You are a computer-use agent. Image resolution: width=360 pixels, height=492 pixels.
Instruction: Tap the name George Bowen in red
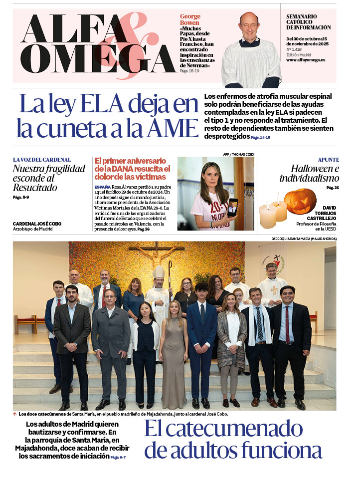click(x=189, y=19)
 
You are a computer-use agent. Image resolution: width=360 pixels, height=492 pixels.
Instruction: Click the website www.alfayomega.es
click(x=306, y=60)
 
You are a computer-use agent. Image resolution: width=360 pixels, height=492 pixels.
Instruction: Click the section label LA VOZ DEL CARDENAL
click(x=42, y=160)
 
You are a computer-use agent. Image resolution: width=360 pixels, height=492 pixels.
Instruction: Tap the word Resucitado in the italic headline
click(x=35, y=188)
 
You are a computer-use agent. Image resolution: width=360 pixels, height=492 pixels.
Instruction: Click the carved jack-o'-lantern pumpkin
click(x=300, y=201)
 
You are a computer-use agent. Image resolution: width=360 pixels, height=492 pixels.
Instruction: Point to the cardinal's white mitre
click(x=158, y=272)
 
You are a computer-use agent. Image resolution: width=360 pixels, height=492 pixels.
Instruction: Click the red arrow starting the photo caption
click(x=15, y=414)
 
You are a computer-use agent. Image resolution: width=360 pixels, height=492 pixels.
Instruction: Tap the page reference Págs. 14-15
click(x=260, y=137)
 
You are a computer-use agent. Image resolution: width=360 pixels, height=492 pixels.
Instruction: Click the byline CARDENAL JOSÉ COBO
click(x=37, y=224)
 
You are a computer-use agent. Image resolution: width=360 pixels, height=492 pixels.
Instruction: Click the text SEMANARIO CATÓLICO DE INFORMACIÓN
click(x=308, y=22)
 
